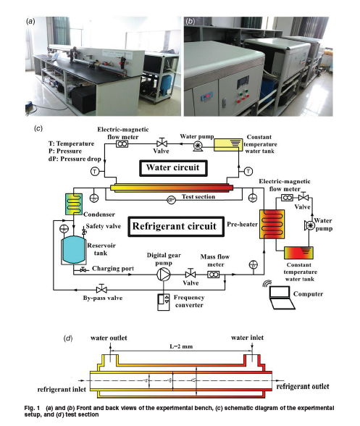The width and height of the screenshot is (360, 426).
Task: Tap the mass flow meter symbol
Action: (214, 275)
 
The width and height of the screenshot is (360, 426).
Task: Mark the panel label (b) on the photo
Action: (191, 21)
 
